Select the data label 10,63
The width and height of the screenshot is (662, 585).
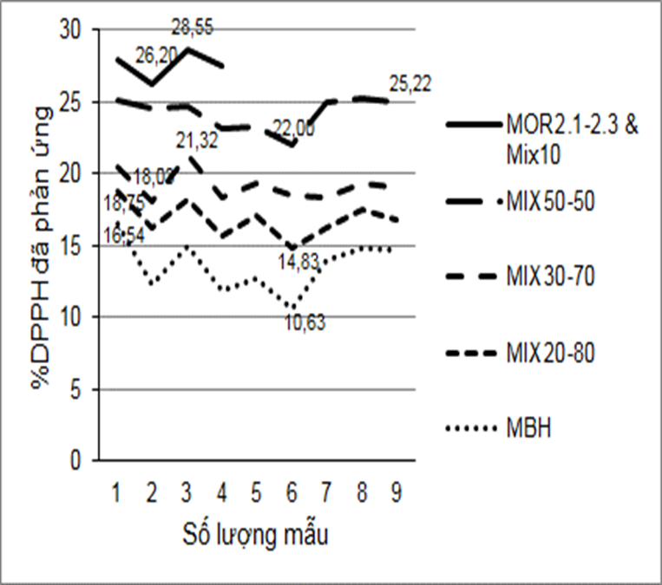click(301, 325)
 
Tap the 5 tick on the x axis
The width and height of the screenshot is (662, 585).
click(256, 492)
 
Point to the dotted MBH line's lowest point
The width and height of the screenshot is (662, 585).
click(292, 309)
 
